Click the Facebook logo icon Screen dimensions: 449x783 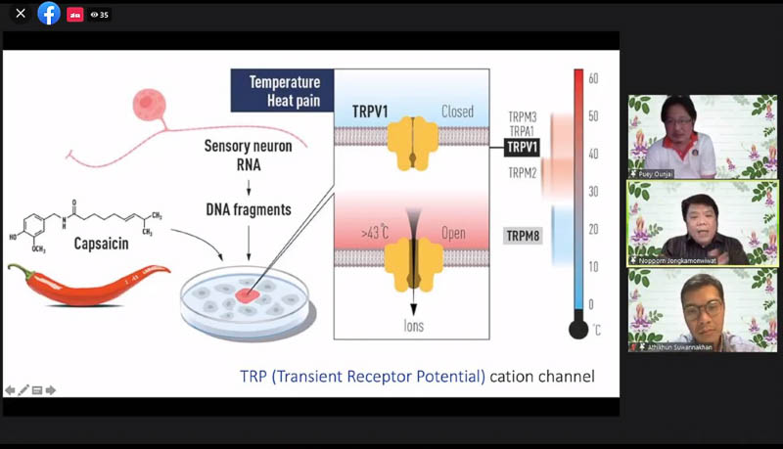tap(48, 14)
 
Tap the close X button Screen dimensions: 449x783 tap(20, 14)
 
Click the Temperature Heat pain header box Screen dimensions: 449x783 tap(282, 91)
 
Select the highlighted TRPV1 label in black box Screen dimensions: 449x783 tap(522, 148)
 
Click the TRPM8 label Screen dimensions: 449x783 tap(522, 236)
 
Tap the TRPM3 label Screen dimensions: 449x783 tap(522, 117)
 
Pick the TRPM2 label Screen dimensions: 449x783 tap(522, 173)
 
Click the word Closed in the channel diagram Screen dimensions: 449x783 tap(457, 112)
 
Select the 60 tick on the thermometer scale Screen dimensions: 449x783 tap(593, 78)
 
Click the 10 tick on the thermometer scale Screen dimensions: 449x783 tap(593, 266)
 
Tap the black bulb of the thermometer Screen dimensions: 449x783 tap(578, 330)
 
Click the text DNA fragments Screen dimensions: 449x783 tap(249, 208)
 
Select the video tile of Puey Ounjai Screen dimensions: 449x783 tap(688, 136)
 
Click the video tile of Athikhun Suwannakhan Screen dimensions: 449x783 tap(688, 310)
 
